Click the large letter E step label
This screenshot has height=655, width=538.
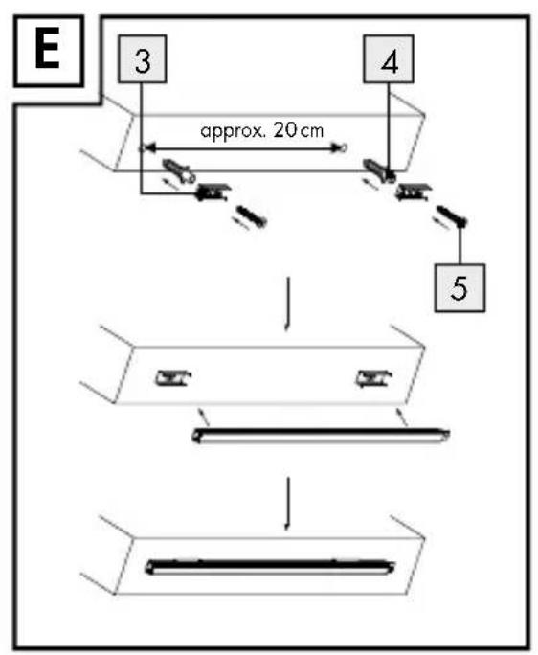(47, 51)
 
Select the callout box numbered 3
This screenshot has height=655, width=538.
(143, 59)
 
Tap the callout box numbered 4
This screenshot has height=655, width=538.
(389, 59)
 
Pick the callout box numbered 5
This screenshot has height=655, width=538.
(460, 288)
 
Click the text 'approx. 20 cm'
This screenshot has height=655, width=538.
(262, 131)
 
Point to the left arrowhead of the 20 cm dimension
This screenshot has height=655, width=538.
(149, 147)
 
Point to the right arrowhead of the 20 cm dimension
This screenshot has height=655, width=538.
(335, 147)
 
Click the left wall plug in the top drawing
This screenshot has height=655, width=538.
(179, 170)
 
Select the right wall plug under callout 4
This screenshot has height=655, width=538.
(379, 170)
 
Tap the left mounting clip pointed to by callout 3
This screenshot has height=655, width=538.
(213, 192)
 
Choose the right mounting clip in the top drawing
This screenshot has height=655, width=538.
(414, 192)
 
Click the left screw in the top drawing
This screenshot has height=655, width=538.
(252, 216)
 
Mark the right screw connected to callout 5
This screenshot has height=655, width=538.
(452, 216)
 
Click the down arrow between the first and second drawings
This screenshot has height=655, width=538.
(287, 305)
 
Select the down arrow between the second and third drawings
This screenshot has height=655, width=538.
(287, 504)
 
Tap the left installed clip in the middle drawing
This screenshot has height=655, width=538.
(173, 377)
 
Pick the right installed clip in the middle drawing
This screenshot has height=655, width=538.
(373, 378)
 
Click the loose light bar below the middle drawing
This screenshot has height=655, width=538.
(321, 435)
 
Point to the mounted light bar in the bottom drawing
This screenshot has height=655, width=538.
(269, 567)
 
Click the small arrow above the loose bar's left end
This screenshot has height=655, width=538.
(203, 417)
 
